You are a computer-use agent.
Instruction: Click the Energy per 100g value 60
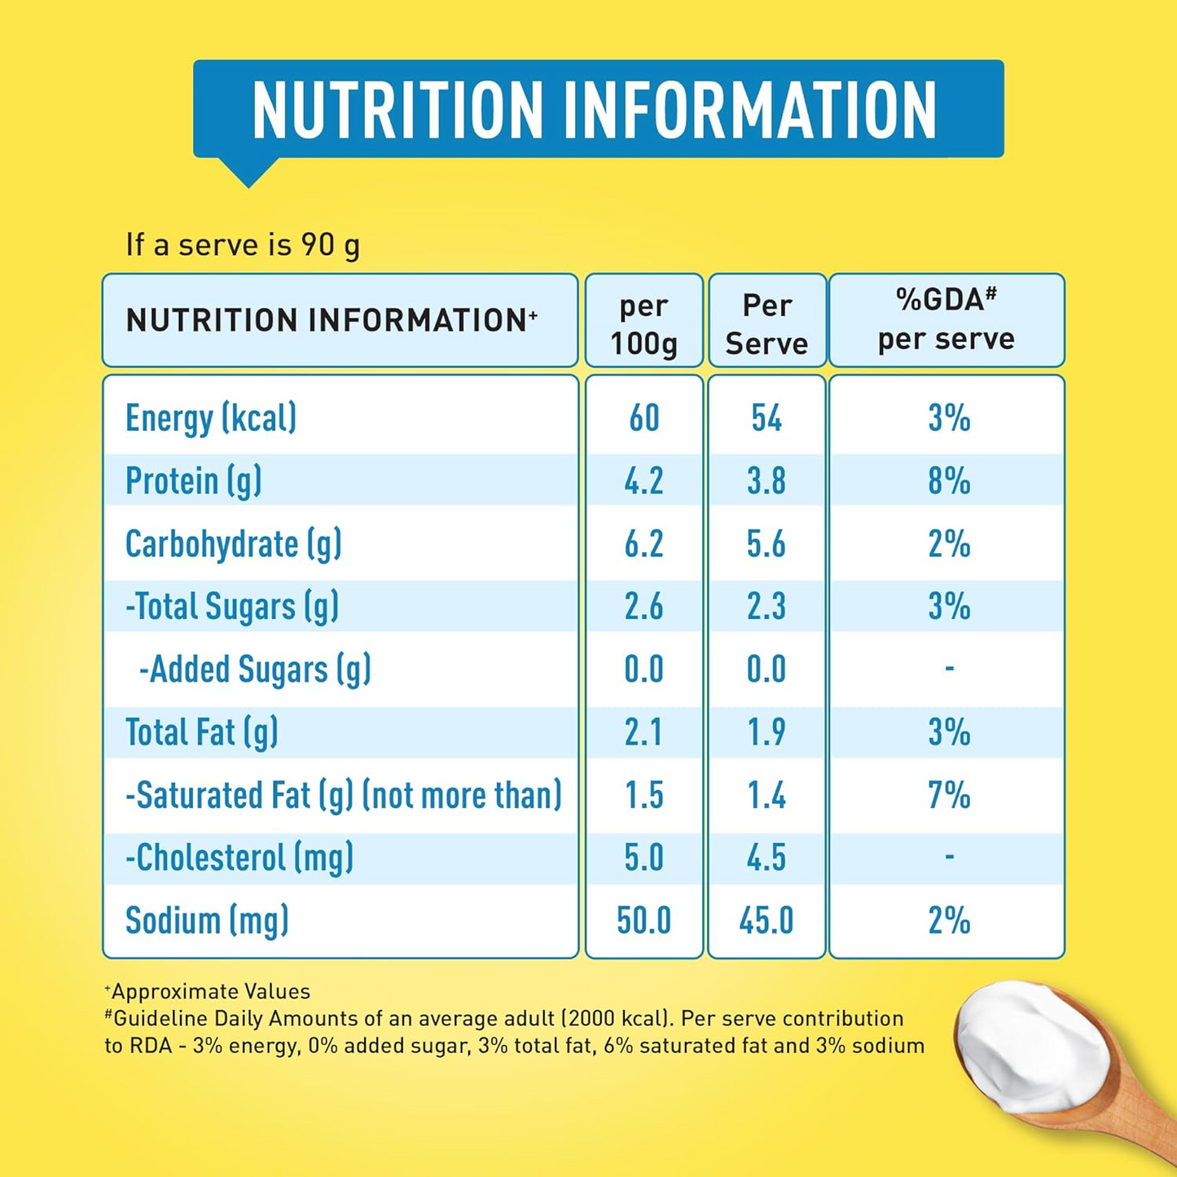pyautogui.click(x=643, y=419)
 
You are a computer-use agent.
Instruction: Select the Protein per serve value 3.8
pyautogui.click(x=766, y=481)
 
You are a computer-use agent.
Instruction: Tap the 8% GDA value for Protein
pyautogui.click(x=949, y=481)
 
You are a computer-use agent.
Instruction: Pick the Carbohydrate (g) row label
pyautogui.click(x=233, y=544)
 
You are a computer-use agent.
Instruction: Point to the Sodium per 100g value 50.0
pyautogui.click(x=643, y=920)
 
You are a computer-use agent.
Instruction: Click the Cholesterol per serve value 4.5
pyautogui.click(x=766, y=858)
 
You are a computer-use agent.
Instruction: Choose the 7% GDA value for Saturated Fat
pyautogui.click(x=949, y=795)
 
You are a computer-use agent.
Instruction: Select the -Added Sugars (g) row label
pyautogui.click(x=255, y=670)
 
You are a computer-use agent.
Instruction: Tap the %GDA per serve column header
pyautogui.click(x=946, y=320)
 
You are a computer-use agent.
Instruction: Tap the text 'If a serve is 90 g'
pyautogui.click(x=243, y=244)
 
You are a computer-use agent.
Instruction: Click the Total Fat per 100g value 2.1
pyautogui.click(x=643, y=732)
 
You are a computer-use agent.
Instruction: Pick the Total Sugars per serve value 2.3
pyautogui.click(x=766, y=607)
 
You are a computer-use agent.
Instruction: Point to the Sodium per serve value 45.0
pyautogui.click(x=766, y=920)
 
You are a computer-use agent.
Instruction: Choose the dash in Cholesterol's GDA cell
pyautogui.click(x=949, y=856)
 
